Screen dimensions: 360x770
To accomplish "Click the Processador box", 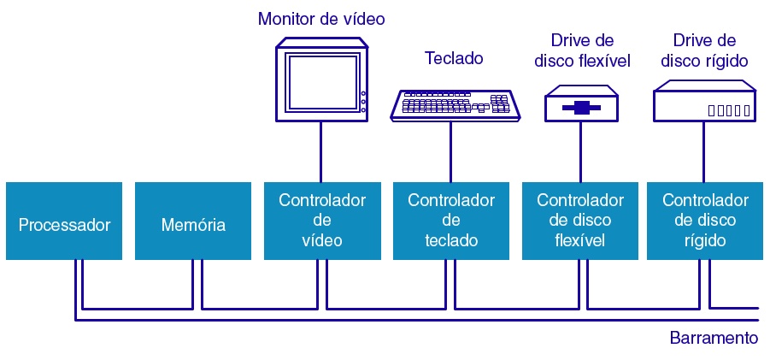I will pos(64,221).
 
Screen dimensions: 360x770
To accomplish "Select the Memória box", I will pos(193,221).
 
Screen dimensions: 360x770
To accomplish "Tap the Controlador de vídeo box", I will pos(322,221).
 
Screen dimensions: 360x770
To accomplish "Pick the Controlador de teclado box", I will pos(451,221).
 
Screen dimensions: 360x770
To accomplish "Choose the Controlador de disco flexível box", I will pos(580,221).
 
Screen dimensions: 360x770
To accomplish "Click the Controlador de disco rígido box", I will pos(705,221).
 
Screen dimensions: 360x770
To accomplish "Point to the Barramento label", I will pos(714,338).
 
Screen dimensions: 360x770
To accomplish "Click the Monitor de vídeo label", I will pos(321,18).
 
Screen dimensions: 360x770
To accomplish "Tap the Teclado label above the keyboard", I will pos(454,58).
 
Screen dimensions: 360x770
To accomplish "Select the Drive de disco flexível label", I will pos(582,50).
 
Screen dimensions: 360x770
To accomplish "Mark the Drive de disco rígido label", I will pos(705,50).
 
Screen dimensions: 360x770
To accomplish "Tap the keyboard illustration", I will pos(456,104).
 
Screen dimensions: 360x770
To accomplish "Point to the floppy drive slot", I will pos(582,108).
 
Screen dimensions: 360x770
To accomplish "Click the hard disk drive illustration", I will pos(705,102).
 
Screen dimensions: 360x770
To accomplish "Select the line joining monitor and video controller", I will pos(321,150).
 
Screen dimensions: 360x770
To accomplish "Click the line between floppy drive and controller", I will pos(581,150).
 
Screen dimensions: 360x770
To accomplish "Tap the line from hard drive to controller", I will pos(705,150).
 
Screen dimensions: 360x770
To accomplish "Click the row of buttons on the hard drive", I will pos(729,110).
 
